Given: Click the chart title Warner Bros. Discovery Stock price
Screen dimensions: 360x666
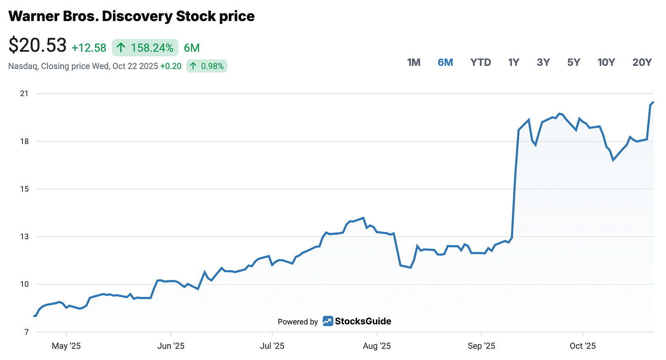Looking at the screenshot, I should point(131,16).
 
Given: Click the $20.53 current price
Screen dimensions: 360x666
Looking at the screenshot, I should point(38,46).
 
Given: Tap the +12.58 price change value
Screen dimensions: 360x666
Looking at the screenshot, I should point(89,48).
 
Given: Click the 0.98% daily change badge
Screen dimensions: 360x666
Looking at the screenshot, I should point(207,66).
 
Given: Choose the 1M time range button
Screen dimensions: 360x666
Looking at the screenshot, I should point(414,63).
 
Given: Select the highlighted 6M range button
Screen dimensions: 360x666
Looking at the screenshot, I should point(445,63).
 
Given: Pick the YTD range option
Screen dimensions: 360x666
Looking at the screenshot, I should point(480,63).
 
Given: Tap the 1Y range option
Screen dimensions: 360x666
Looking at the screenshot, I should point(514,63).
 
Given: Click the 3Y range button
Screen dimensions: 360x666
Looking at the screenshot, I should point(543,63).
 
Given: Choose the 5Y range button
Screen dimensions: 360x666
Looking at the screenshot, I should point(574,63).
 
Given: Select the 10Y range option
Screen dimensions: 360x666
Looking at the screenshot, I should point(606,63).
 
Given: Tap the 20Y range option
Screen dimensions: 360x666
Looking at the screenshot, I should point(642,63).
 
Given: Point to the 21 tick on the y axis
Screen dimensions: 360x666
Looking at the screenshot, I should point(24,94).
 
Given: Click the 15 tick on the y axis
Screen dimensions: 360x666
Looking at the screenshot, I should point(24,189).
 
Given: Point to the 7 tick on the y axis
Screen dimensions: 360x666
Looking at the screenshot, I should point(26,332).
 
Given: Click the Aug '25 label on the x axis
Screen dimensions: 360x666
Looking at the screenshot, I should point(376,346).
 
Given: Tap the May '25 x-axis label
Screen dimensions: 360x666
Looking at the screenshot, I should point(66,346).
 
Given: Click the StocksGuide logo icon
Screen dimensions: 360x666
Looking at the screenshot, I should point(328,321).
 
